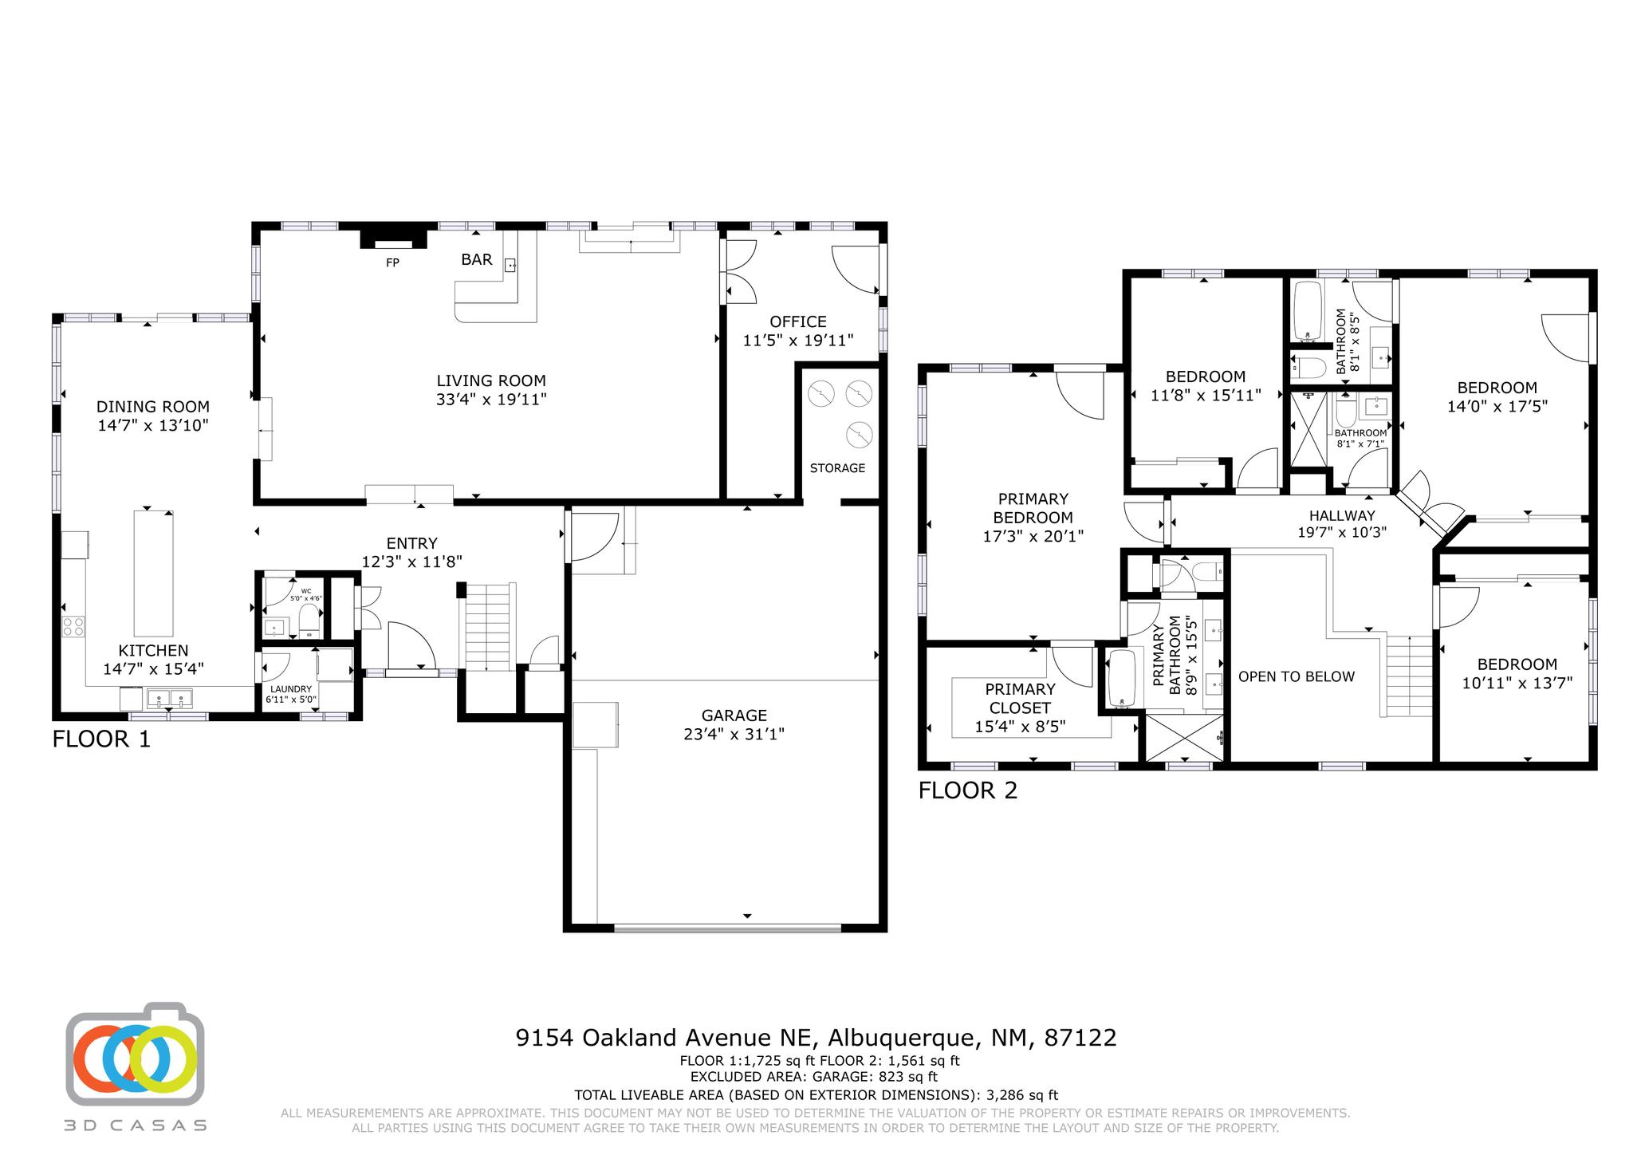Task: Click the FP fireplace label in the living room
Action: [392, 262]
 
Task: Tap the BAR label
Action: [477, 259]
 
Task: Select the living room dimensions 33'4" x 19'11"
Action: [491, 399]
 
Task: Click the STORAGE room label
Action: [837, 467]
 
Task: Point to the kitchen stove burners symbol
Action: [74, 626]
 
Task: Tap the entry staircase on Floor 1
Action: [487, 627]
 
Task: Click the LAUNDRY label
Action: [290, 689]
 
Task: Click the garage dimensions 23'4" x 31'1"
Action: [734, 734]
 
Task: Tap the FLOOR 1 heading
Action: [101, 739]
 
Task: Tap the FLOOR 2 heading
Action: [968, 790]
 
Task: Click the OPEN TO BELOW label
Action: [1296, 676]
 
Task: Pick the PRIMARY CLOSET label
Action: [1020, 698]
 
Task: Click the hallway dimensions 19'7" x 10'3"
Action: [1341, 533]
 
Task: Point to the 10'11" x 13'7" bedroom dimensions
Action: [1517, 683]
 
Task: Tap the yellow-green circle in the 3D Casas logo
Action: [163, 1058]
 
